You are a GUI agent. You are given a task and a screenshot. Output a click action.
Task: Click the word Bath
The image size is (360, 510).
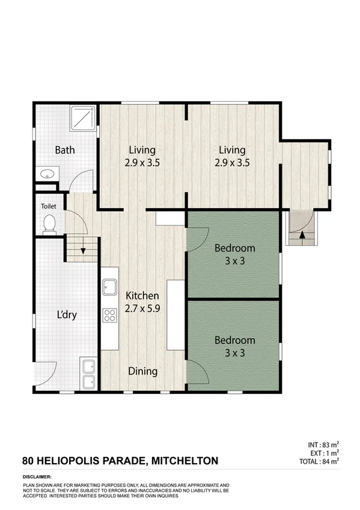(65, 150)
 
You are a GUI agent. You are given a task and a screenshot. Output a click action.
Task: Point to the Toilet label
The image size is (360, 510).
(48, 206)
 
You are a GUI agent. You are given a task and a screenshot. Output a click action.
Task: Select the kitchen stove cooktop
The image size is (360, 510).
(109, 316)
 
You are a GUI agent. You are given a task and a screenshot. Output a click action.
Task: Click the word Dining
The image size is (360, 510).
(142, 371)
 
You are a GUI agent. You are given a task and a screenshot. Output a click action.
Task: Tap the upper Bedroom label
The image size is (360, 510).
(235, 248)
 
